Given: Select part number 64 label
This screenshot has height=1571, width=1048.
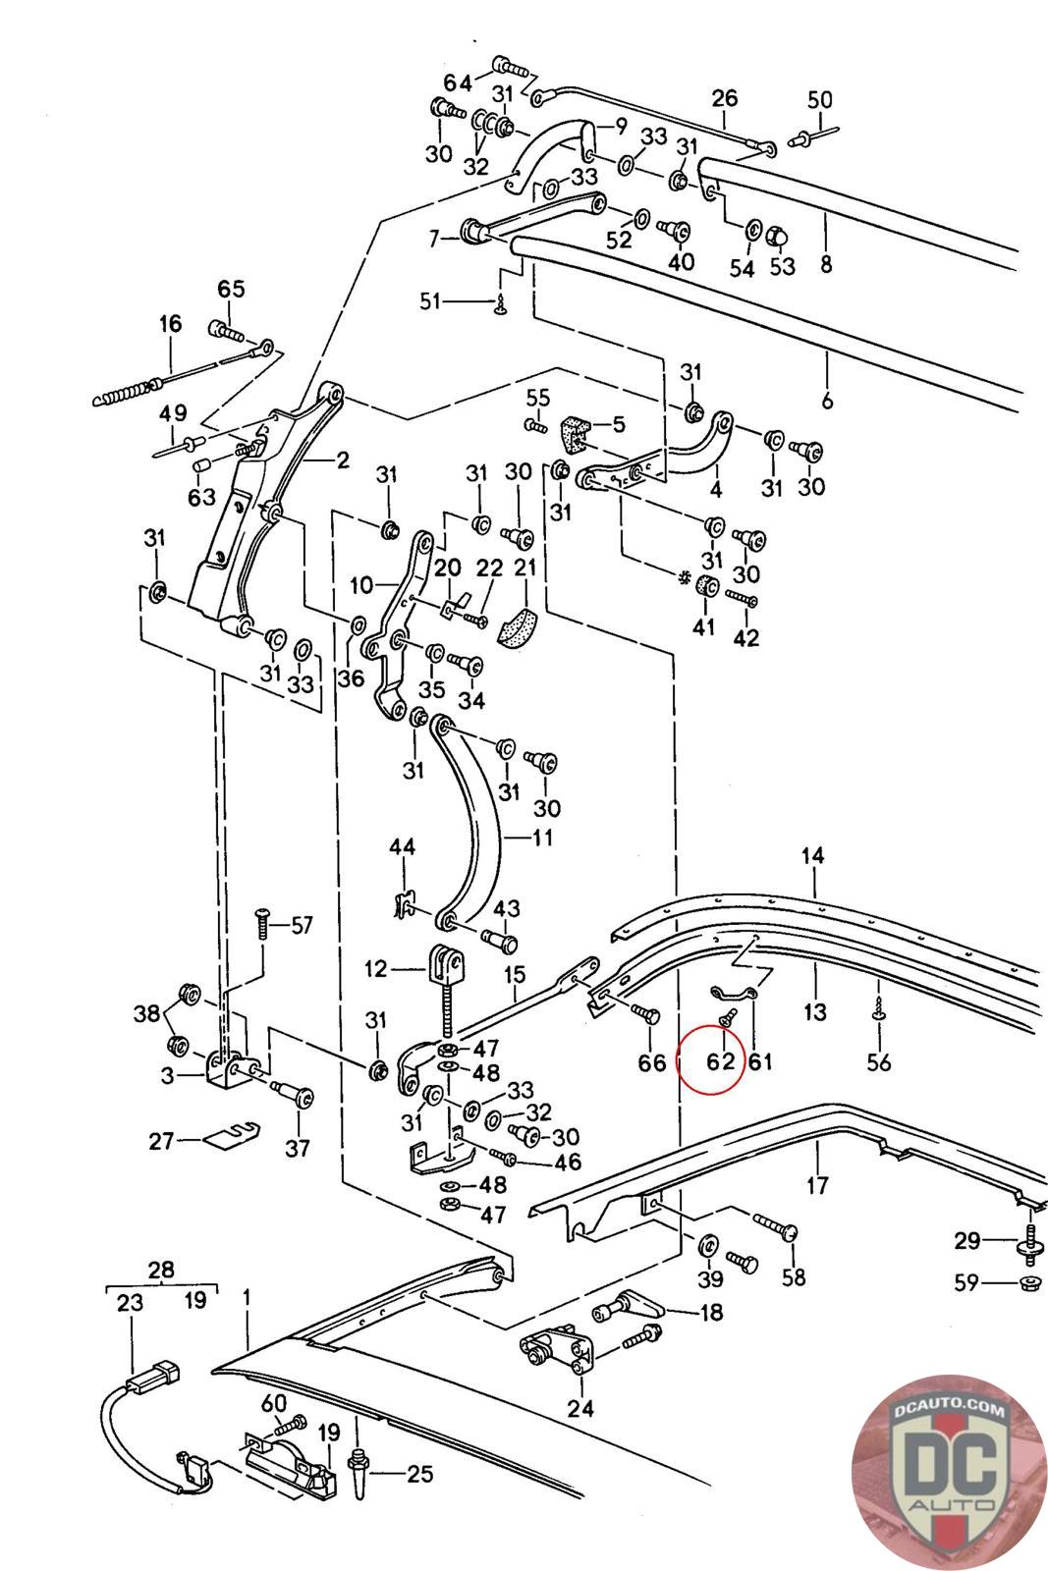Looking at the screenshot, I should tap(457, 81).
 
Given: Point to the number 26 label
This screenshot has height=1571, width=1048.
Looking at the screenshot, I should tap(724, 98).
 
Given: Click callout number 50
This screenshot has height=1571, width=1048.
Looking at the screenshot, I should tap(819, 99).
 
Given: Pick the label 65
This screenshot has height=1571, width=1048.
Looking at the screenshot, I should tap(231, 290).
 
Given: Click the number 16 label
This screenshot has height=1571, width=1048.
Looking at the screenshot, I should tap(170, 324).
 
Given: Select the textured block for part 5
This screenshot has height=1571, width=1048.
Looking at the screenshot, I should tap(572, 429).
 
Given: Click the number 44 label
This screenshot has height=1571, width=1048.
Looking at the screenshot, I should tap(402, 846).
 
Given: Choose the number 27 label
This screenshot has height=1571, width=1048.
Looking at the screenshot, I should tap(160, 1141).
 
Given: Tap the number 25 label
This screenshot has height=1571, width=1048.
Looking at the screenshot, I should tap(419, 1473).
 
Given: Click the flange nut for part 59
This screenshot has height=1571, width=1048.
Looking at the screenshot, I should tap(1030, 1282).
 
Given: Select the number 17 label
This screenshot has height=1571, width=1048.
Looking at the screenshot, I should tap(817, 1185).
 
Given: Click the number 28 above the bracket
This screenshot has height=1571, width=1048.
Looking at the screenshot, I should tap(161, 1270).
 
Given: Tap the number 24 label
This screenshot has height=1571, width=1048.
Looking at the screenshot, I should tap(580, 1408).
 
